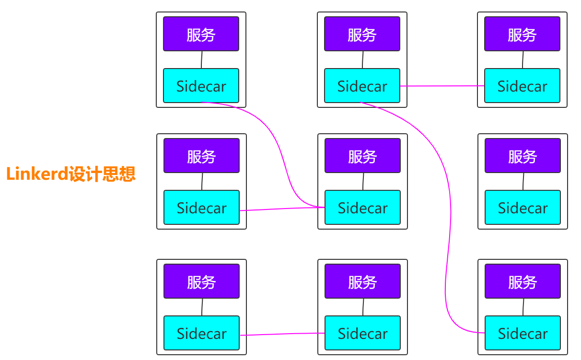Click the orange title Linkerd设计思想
point(71,174)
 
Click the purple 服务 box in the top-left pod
point(201,34)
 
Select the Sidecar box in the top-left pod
point(201,86)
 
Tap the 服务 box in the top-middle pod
point(362,34)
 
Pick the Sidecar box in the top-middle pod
point(362,86)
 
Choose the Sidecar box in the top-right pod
point(522,86)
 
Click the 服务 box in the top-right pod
point(522,34)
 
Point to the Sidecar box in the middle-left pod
point(201,208)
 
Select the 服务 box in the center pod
point(362,156)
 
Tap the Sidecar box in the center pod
point(362,208)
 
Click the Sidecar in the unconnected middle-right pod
point(523,208)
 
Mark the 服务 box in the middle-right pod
point(523,156)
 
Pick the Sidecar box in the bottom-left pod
point(201,333)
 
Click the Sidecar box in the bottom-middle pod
point(362,333)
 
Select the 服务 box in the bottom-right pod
point(523,281)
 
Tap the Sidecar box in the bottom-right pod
point(523,333)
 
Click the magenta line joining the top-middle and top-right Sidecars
point(442,86)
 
